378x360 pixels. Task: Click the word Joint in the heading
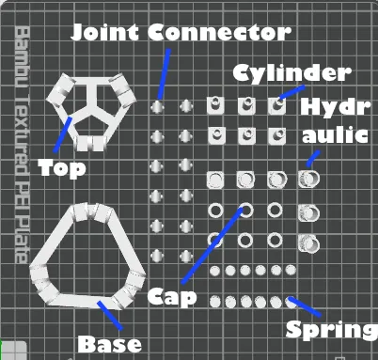[x=105, y=32]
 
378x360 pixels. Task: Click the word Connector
[x=219, y=32]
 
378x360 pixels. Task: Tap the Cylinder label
[x=291, y=73]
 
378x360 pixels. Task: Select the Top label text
[x=62, y=168]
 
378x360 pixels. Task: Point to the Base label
[x=109, y=344]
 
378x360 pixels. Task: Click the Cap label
[x=172, y=297]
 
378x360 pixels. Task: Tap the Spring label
[x=332, y=330]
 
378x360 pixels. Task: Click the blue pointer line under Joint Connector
[x=165, y=74]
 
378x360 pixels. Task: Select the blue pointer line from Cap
[x=213, y=245]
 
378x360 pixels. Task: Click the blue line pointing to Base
[x=110, y=316]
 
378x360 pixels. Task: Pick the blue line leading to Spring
[x=305, y=306]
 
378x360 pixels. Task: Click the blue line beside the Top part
[x=63, y=134]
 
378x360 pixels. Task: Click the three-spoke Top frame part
[x=91, y=111]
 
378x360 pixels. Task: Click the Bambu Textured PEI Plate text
[x=23, y=145]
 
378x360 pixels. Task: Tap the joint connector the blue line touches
[x=157, y=106]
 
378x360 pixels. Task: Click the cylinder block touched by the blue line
[x=277, y=105]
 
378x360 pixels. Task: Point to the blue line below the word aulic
[x=313, y=159]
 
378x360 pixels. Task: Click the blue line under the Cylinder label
[x=291, y=92]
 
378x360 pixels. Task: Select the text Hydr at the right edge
[x=336, y=107]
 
